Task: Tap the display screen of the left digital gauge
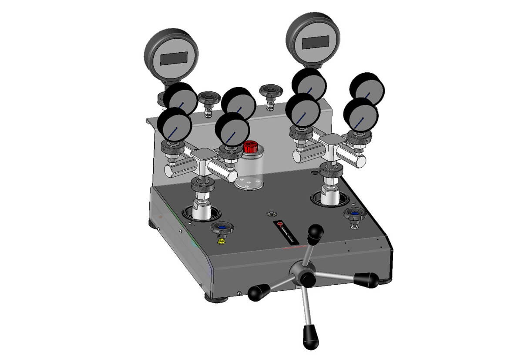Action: tap(174, 58)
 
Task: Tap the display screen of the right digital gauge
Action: tap(315, 43)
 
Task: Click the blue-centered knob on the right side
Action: tap(355, 214)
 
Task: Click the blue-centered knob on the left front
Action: tap(221, 228)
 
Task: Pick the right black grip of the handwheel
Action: tap(366, 279)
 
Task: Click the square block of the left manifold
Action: tap(202, 156)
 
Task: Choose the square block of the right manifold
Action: tap(332, 142)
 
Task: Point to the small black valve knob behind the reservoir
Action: tap(270, 91)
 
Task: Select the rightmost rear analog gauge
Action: tap(367, 88)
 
